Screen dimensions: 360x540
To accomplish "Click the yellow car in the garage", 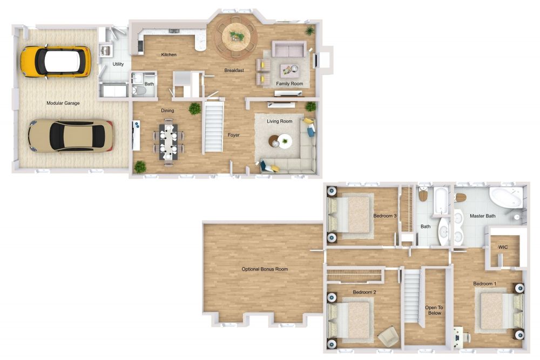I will coord(55,61).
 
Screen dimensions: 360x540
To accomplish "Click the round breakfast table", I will coord(236,37).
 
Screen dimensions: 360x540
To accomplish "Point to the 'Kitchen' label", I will coord(169,55).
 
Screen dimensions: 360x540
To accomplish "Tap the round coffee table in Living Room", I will coord(281,141).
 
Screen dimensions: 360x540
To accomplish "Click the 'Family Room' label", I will coord(289,84).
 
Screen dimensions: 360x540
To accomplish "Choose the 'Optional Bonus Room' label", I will coord(265,269).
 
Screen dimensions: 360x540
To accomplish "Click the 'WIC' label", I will coord(503,247).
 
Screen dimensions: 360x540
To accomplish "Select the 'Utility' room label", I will coord(118,64).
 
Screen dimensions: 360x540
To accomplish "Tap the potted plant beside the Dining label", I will coord(194,108).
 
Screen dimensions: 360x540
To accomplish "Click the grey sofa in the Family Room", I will coord(288,50).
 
